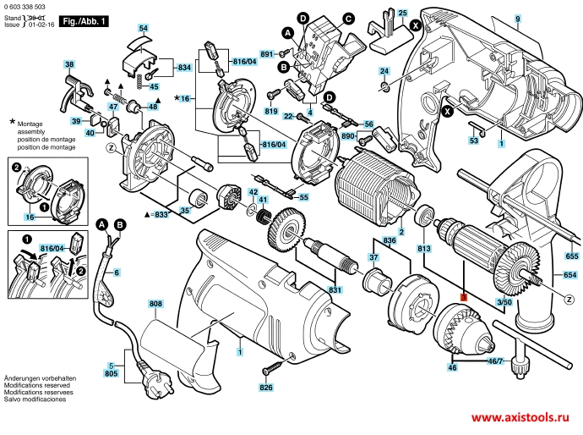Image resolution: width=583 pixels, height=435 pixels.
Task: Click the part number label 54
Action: (144, 29)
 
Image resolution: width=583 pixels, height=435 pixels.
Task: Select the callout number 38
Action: (69, 64)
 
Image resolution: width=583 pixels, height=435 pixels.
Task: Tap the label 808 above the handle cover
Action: (155, 303)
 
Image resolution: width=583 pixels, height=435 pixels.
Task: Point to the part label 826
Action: (266, 388)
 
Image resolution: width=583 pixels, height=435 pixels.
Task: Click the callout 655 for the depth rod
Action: (572, 256)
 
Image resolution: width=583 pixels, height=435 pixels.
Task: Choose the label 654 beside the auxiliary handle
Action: (569, 276)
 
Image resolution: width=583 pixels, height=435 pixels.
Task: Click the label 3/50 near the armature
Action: (504, 302)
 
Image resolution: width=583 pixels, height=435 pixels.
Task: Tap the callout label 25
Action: (402, 13)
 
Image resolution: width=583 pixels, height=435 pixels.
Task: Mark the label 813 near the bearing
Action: (424, 248)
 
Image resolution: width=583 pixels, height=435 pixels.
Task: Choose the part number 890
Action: (346, 136)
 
